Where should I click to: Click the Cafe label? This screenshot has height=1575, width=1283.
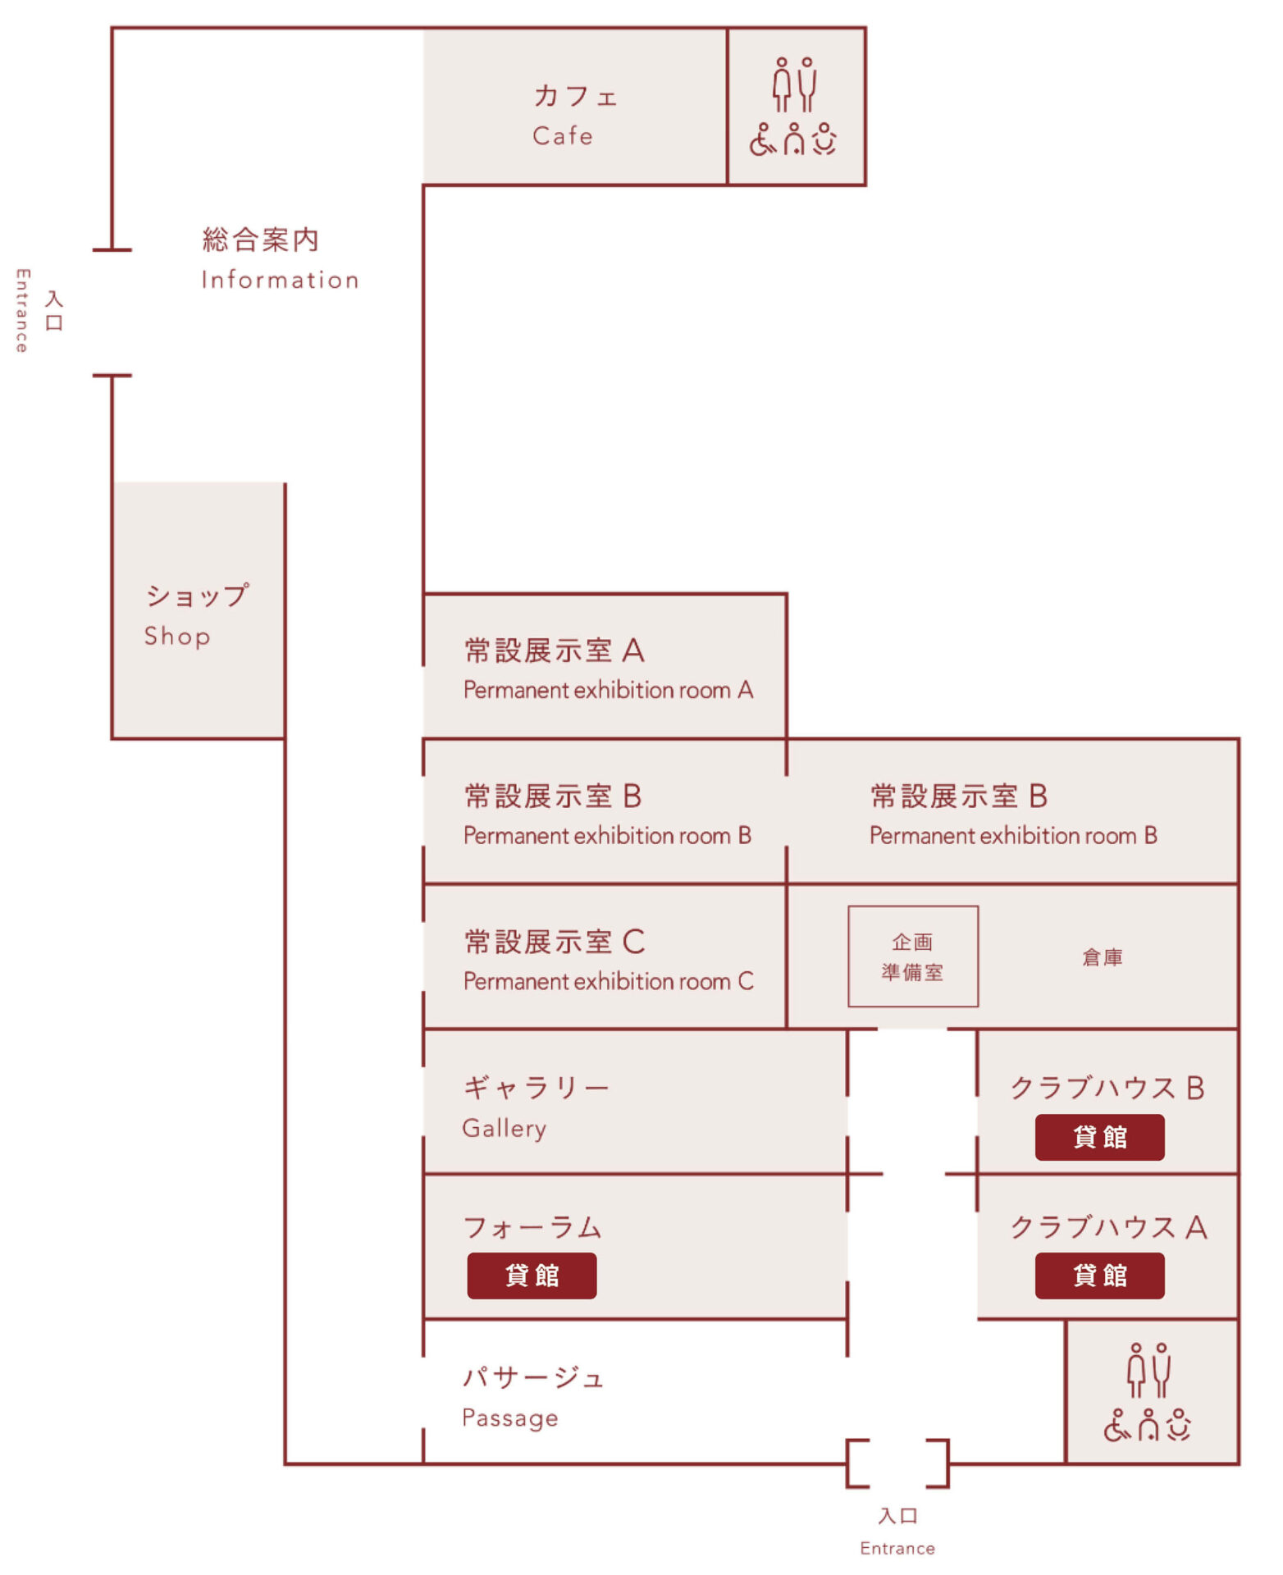coord(563,135)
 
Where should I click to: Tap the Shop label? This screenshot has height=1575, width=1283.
coord(177,636)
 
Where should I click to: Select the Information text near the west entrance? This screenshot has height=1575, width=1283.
coord(280,280)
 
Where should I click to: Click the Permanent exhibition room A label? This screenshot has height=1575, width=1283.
coord(607,690)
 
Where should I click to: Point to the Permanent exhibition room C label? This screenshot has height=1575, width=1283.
coord(607,981)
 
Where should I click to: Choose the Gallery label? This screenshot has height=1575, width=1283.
coord(504,1129)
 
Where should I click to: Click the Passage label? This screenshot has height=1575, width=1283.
coord(509,1417)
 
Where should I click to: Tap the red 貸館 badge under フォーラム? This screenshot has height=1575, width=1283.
coord(532,1276)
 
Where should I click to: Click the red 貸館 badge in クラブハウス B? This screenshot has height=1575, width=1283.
coord(1099,1137)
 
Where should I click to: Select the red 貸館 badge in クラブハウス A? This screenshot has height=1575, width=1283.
coord(1099,1276)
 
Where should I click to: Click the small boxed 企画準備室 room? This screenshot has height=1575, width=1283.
coord(912,956)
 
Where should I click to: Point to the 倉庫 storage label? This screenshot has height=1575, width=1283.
coord(1102,957)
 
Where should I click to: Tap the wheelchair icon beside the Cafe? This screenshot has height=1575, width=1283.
coord(762,140)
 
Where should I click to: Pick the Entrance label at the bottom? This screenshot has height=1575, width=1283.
coord(897,1549)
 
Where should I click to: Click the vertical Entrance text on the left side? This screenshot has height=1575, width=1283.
coord(22,311)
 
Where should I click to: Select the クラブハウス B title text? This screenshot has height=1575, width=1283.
coord(1107,1088)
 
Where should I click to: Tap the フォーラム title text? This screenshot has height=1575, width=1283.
coord(532,1227)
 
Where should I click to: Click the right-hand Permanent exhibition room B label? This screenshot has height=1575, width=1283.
coord(1012,835)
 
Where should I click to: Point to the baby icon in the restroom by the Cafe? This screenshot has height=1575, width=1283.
coord(824,139)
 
